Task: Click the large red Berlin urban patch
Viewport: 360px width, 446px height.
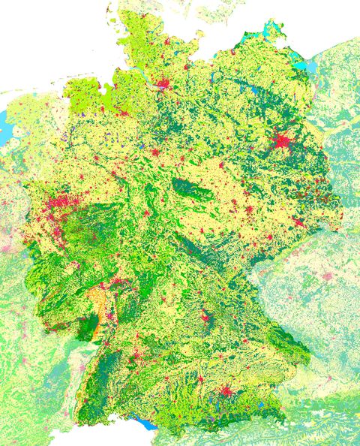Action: click(282, 140)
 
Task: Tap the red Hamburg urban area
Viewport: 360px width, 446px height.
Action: click(162, 83)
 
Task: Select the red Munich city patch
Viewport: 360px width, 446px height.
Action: click(225, 391)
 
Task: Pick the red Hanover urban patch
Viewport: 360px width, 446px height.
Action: click(155, 152)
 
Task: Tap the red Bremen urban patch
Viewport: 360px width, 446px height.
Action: click(120, 112)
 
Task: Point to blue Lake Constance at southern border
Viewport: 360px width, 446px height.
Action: click(147, 425)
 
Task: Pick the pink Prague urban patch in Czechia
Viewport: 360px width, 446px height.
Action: click(328, 276)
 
